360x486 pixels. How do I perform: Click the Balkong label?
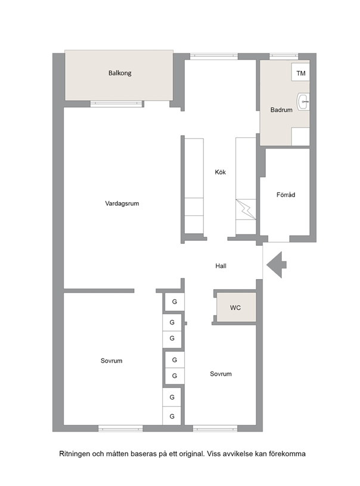[120, 73]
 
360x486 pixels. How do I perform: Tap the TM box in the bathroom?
[300, 72]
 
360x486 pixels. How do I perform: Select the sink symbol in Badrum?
[303, 101]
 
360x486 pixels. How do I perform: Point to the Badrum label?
[281, 110]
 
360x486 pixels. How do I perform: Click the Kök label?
[221, 172]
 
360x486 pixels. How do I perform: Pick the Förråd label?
[285, 194]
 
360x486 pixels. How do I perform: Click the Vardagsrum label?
[122, 203]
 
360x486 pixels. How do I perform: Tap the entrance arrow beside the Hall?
[277, 265]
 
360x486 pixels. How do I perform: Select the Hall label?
[221, 266]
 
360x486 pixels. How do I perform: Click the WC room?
[236, 307]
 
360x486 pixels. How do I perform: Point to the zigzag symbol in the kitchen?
[246, 209]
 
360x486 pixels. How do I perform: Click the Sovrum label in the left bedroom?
[111, 361]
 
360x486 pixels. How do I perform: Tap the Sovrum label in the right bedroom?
[221, 374]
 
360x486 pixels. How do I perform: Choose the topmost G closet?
[175, 302]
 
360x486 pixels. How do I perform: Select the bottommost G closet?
[172, 416]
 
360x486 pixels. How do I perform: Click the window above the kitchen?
[214, 57]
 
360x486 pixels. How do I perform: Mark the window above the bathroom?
[284, 57]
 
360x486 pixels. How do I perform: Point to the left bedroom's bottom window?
[120, 428]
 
